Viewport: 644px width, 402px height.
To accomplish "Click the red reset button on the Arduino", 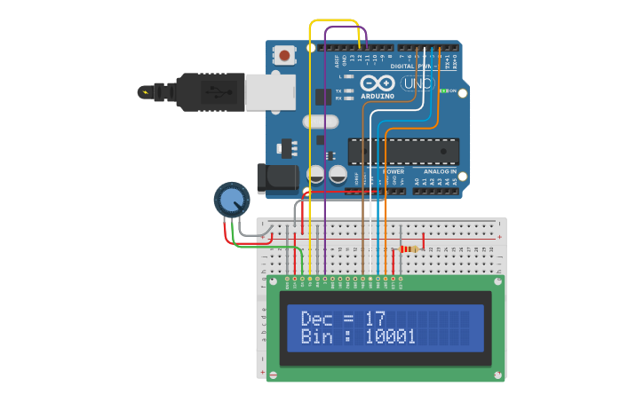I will click(284, 55).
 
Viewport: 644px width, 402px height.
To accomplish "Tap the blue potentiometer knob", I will click(232, 199).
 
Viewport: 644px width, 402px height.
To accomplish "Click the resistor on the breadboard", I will click(409, 249).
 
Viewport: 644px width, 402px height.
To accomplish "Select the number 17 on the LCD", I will click(375, 318).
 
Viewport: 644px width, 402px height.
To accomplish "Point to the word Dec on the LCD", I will click(316, 318).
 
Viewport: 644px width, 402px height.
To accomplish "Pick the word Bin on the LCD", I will click(316, 336).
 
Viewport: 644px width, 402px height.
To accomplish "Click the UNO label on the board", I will click(417, 83).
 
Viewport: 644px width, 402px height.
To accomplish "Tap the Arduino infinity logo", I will click(377, 84).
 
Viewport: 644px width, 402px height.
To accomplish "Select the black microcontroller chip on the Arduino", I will click(403, 151).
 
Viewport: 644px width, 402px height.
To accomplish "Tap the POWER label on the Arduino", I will click(393, 171).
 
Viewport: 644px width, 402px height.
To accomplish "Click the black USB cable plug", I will click(210, 91).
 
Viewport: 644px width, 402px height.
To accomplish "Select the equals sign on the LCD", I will click(348, 318).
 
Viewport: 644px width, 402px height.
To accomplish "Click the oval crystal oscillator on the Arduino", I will click(320, 122).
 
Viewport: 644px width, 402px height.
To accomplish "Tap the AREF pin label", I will click(338, 60).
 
